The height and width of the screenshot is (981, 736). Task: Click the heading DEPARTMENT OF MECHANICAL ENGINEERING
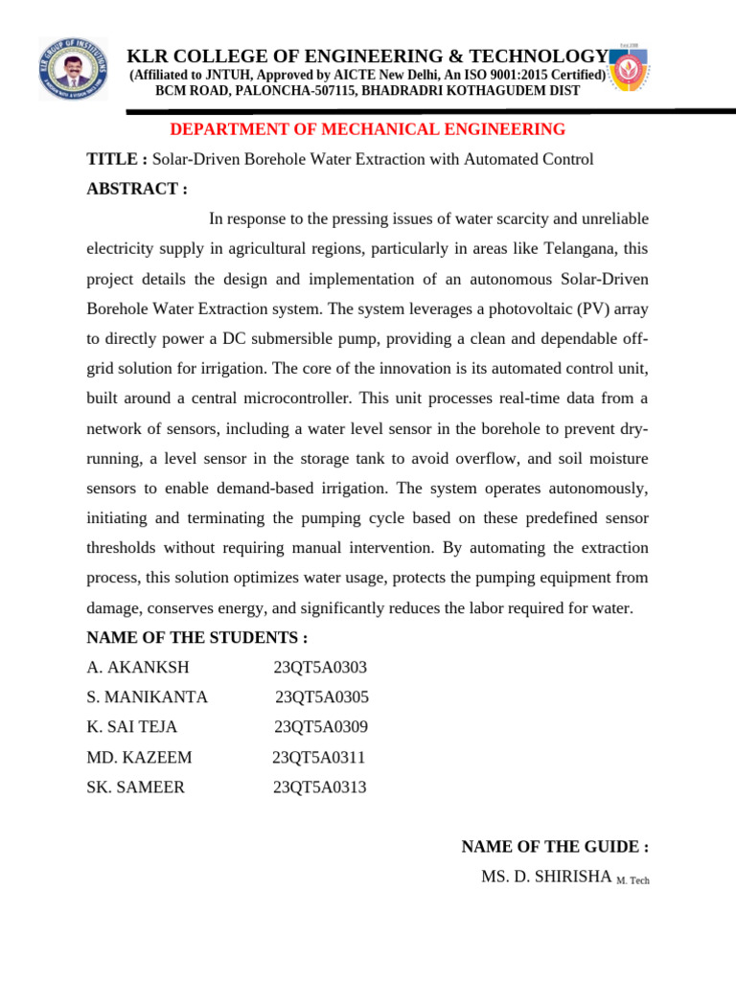point(367,129)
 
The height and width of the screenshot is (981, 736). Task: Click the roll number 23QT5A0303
point(320,668)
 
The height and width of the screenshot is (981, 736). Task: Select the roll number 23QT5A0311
point(318,758)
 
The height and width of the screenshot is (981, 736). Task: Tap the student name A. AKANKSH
point(138,668)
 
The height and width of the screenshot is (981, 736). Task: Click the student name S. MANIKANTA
point(147,697)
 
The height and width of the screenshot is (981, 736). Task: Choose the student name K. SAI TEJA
point(132,727)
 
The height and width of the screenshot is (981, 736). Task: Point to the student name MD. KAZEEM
point(139,758)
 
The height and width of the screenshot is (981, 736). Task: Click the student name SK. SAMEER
point(136,787)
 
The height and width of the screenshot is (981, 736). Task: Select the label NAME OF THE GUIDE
point(555,847)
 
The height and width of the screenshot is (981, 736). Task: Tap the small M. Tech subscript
point(632,880)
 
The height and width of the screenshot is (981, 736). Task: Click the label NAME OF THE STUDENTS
point(196,638)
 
